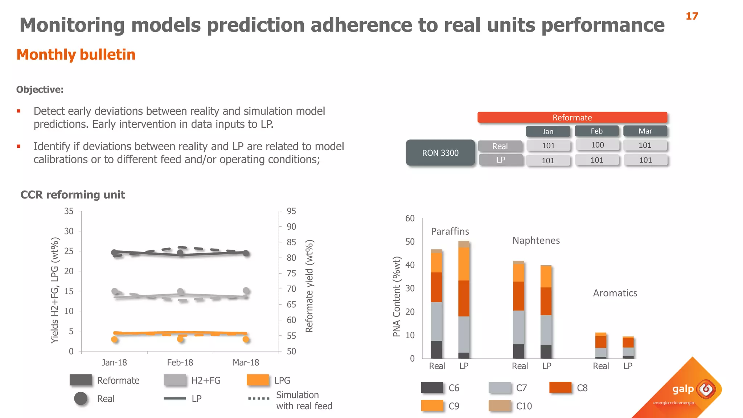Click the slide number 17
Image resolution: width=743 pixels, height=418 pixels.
tap(691, 16)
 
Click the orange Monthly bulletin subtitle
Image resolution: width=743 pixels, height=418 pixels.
tap(76, 55)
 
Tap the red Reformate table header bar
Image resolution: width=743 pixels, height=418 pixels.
tap(572, 118)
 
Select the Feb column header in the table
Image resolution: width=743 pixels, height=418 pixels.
tap(596, 131)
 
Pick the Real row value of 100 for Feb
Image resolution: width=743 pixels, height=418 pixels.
tap(597, 145)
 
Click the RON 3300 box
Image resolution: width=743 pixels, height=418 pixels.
tap(440, 153)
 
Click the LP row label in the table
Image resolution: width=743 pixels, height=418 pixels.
tap(501, 160)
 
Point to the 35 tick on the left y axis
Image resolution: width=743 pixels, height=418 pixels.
tap(69, 211)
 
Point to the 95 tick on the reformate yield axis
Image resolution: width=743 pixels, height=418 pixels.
tap(291, 211)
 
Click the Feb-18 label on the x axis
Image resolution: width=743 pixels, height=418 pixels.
tap(180, 362)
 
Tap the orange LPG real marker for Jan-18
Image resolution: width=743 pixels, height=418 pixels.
tap(114, 340)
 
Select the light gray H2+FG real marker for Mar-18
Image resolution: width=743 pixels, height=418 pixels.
tap(246, 291)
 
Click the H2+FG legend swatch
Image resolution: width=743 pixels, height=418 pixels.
tap(175, 380)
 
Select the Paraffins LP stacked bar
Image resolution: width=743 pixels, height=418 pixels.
tap(464, 299)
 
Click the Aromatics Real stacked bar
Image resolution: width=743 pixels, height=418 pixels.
tap(601, 345)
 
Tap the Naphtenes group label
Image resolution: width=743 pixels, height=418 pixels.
tap(536, 241)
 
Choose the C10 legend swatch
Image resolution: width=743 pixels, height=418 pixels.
tap(500, 406)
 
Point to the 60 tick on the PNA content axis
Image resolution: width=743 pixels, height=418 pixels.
tap(410, 218)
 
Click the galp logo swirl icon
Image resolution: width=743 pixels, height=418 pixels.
tap(706, 389)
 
